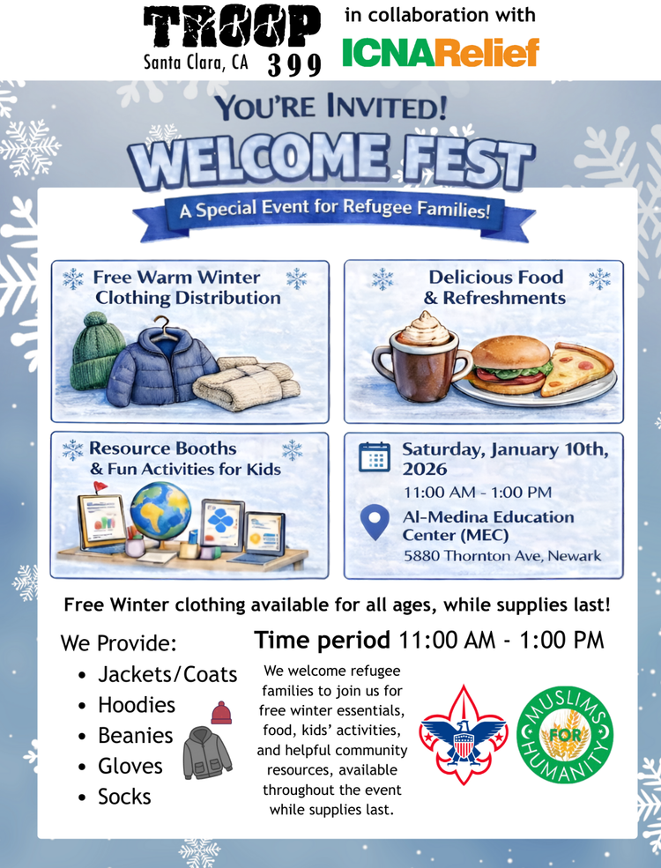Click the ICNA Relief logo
[440, 53]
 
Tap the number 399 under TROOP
[294, 63]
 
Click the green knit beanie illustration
[98, 351]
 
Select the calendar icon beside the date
[375, 457]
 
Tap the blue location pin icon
[375, 523]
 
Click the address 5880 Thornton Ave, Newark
[501, 556]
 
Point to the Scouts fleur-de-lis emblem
[463, 735]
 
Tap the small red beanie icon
[221, 711]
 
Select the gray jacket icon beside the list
[207, 753]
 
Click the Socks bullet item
[124, 797]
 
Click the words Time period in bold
[322, 640]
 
